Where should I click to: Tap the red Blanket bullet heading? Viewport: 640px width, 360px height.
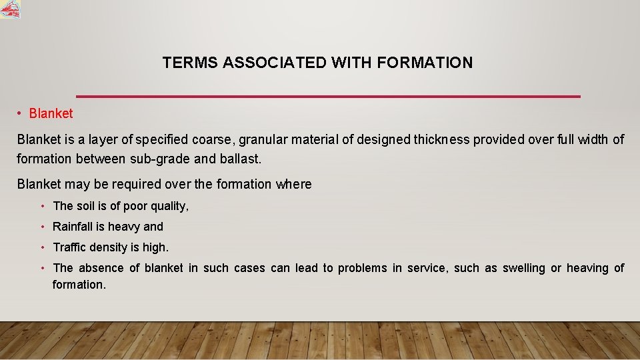(51, 113)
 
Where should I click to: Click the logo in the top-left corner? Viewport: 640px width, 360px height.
(10, 9)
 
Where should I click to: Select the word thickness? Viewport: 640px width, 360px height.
(441, 139)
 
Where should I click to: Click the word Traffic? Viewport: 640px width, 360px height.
(70, 247)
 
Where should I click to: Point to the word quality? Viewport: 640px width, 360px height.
(168, 207)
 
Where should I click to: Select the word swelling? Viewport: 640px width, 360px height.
(523, 268)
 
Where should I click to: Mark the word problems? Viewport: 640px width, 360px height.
(362, 268)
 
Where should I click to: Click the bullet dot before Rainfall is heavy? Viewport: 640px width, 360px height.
(42, 227)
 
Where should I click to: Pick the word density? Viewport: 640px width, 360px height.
(109, 247)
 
